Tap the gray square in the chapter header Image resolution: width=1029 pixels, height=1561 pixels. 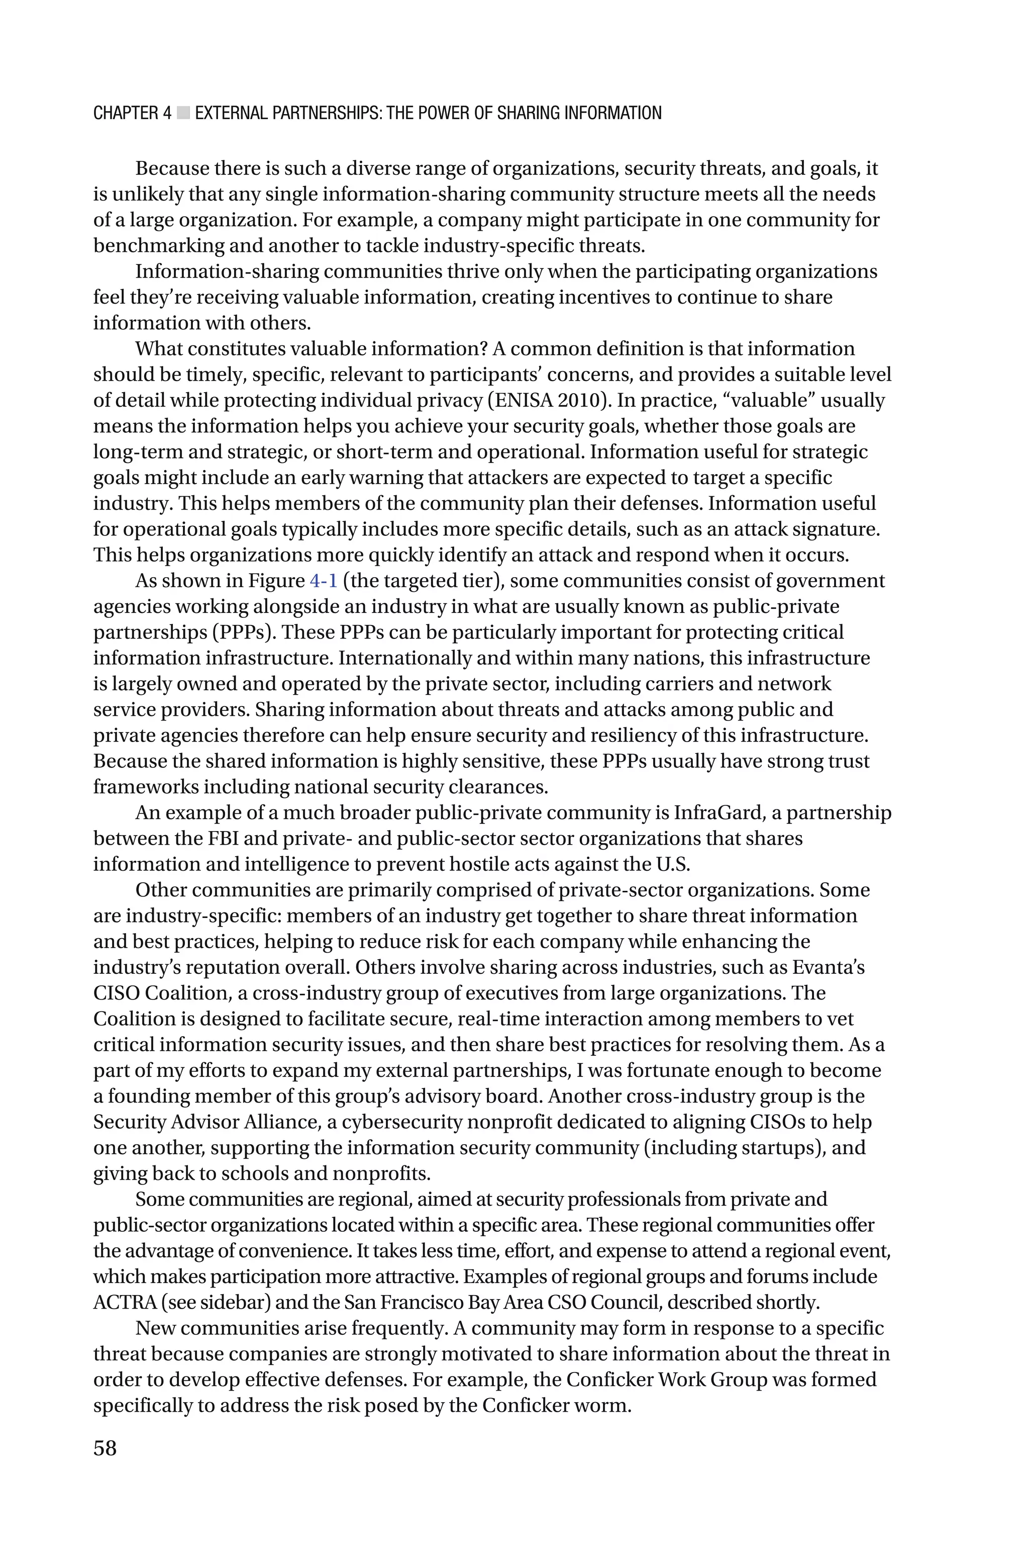pyautogui.click(x=183, y=114)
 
